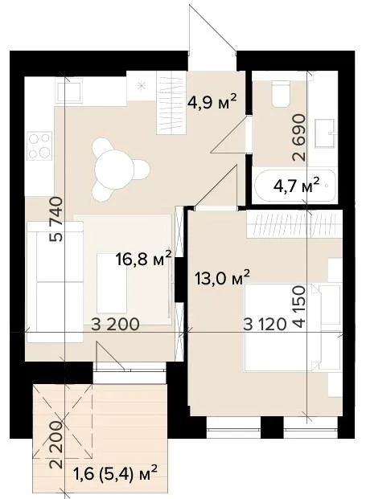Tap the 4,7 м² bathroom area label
click(296, 185)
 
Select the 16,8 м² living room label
click(144, 258)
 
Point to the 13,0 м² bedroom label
click(222, 278)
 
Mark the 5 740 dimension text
click(56, 219)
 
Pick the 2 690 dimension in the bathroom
click(299, 137)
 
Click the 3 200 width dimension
click(115, 325)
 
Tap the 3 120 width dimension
click(265, 325)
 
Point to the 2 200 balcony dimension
click(56, 444)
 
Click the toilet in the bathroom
click(281, 93)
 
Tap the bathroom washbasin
click(325, 133)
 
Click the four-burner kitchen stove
click(39, 146)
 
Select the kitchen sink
click(69, 90)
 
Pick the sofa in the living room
click(56, 282)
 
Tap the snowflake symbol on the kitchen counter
click(141, 85)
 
